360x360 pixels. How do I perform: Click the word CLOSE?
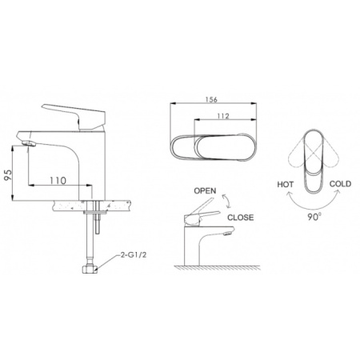pyautogui.click(x=242, y=216)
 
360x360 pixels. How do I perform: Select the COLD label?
pyautogui.click(x=341, y=184)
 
